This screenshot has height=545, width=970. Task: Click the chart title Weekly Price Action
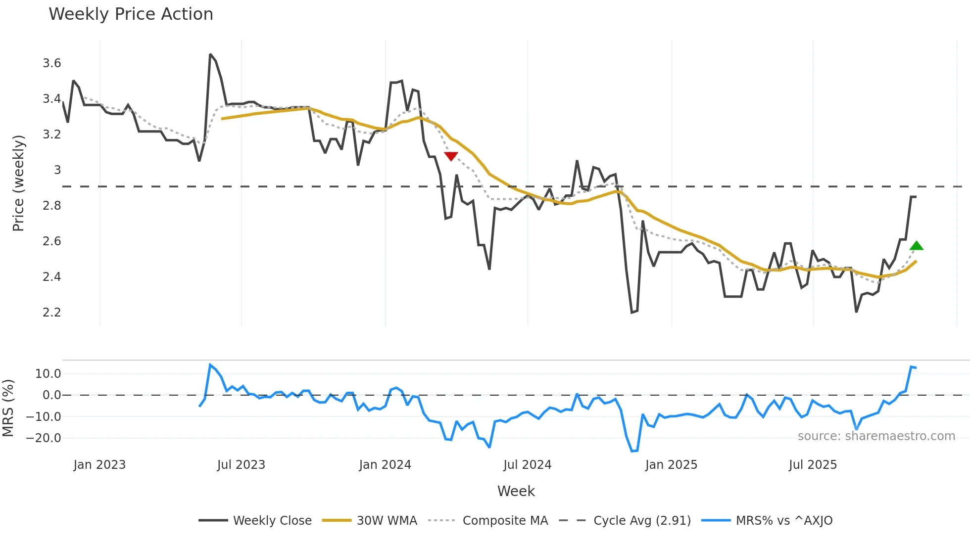(131, 14)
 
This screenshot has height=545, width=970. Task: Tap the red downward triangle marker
(451, 156)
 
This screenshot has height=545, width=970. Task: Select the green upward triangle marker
(917, 246)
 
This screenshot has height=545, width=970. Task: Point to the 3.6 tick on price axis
(52, 63)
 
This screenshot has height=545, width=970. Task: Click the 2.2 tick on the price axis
(52, 313)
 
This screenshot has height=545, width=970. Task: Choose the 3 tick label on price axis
(57, 170)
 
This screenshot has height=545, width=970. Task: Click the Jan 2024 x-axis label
(385, 465)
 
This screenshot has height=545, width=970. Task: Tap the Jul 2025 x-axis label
(813, 465)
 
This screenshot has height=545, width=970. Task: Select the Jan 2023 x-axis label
(99, 465)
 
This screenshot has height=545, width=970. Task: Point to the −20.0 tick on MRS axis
(44, 438)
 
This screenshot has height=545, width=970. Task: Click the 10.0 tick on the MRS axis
(48, 374)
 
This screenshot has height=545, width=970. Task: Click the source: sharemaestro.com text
(876, 436)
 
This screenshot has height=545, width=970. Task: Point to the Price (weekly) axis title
(18, 183)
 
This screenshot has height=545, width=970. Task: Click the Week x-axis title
(516, 491)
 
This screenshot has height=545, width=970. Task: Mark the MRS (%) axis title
(8, 408)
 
